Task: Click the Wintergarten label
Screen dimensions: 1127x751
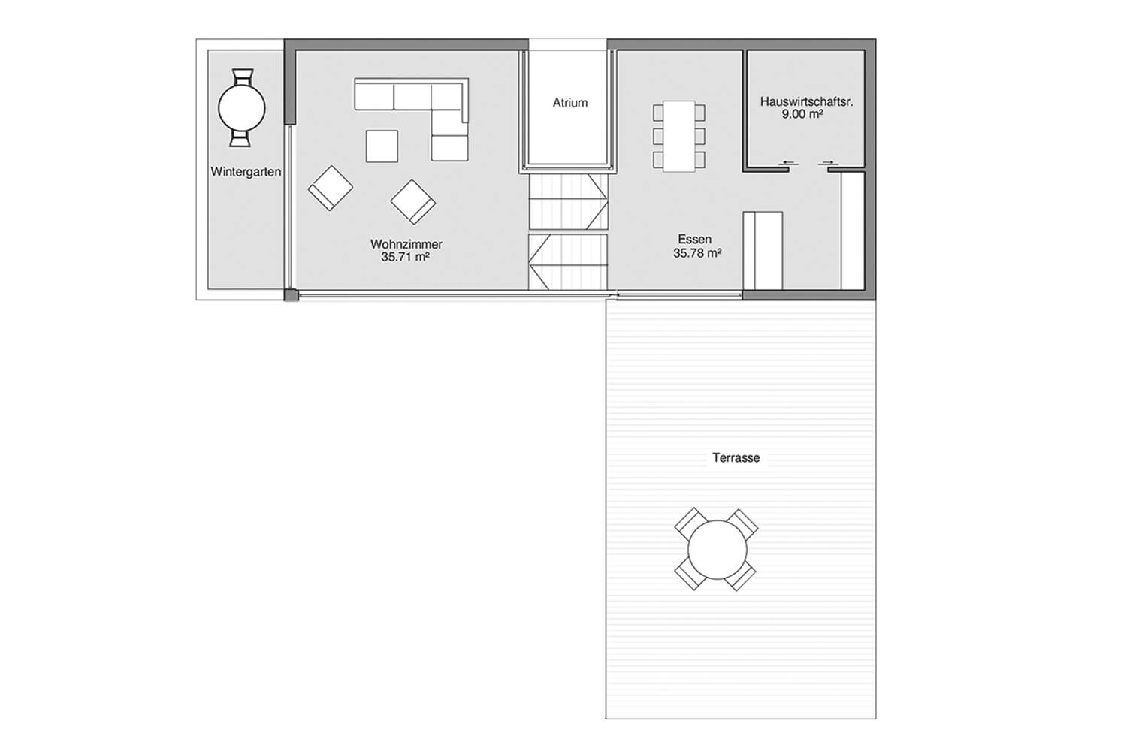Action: [246, 172]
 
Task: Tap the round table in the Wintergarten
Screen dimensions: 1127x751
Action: [242, 108]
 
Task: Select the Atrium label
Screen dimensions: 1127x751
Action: [570, 103]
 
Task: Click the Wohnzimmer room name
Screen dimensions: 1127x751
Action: [406, 244]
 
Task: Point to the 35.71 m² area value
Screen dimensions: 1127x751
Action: [405, 257]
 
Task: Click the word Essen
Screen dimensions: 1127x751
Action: [695, 240]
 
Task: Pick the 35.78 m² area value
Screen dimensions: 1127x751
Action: [697, 253]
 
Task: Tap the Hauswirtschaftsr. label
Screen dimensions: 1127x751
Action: [806, 101]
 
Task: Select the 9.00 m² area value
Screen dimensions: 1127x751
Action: [802, 114]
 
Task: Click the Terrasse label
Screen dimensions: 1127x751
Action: [736, 458]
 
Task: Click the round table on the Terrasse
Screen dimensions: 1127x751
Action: [717, 549]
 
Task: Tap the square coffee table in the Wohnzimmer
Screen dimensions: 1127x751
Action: [382, 146]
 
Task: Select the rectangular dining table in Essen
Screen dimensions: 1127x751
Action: [679, 137]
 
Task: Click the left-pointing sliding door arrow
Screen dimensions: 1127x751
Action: [788, 162]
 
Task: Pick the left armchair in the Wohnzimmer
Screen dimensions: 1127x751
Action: [330, 189]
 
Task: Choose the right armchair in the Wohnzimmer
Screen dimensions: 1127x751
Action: [413, 202]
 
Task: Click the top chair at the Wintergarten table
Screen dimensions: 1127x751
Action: [242, 77]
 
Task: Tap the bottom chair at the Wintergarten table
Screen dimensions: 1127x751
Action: [240, 138]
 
